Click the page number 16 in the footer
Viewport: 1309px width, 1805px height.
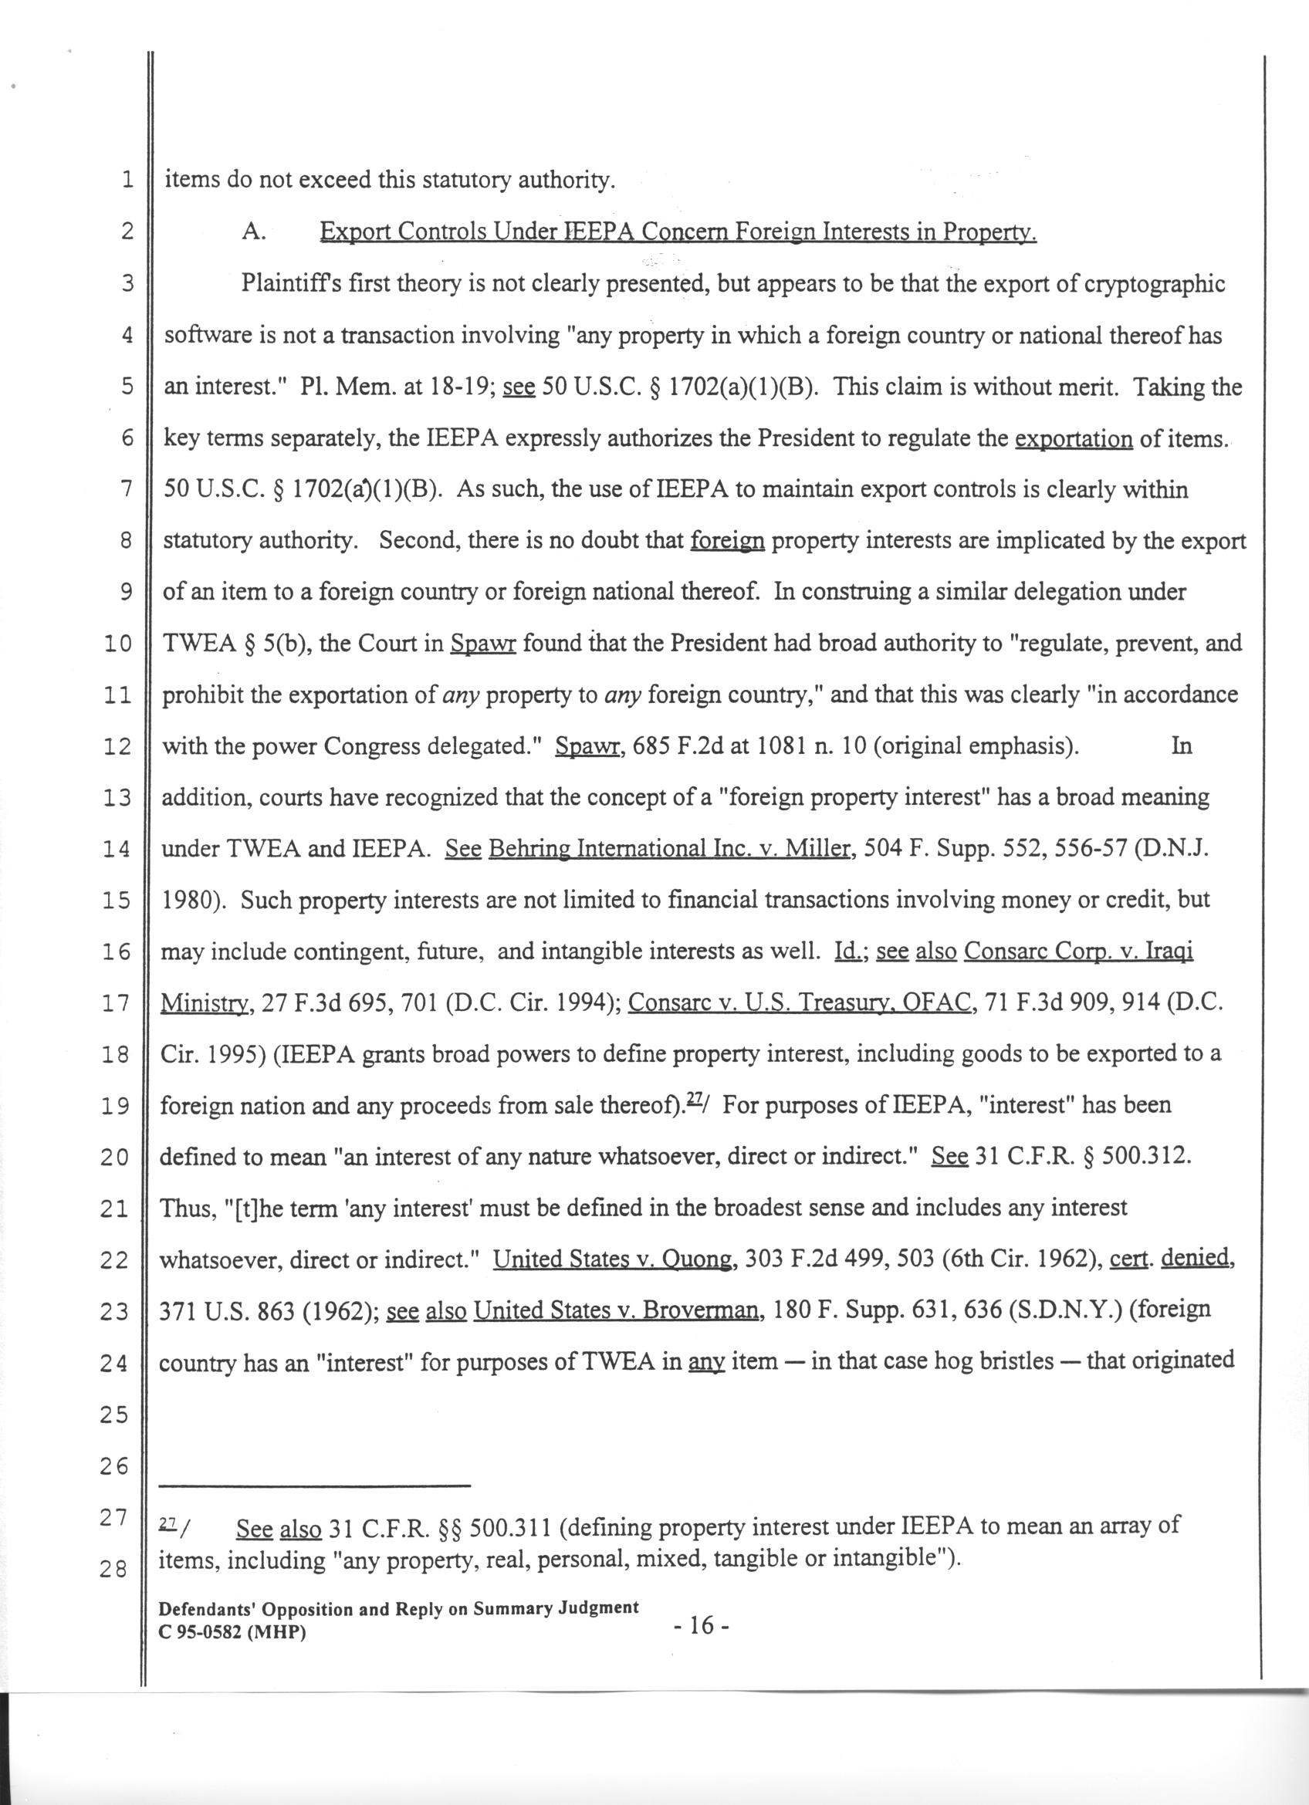pyautogui.click(x=701, y=1626)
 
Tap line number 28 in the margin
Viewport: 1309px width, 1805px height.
pyautogui.click(x=113, y=1570)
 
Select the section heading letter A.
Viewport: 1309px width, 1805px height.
pyautogui.click(x=252, y=232)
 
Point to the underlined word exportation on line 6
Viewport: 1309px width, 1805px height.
pyautogui.click(x=1074, y=438)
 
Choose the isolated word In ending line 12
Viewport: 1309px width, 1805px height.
pyautogui.click(x=1182, y=745)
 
